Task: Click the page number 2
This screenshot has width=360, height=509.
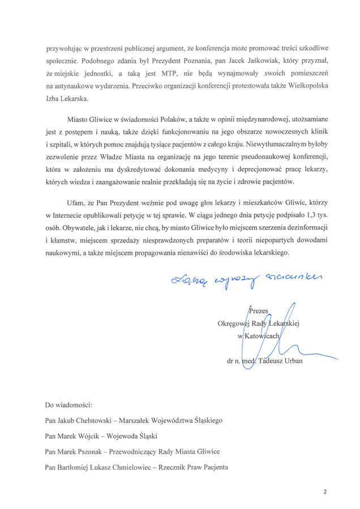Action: (x=325, y=492)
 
